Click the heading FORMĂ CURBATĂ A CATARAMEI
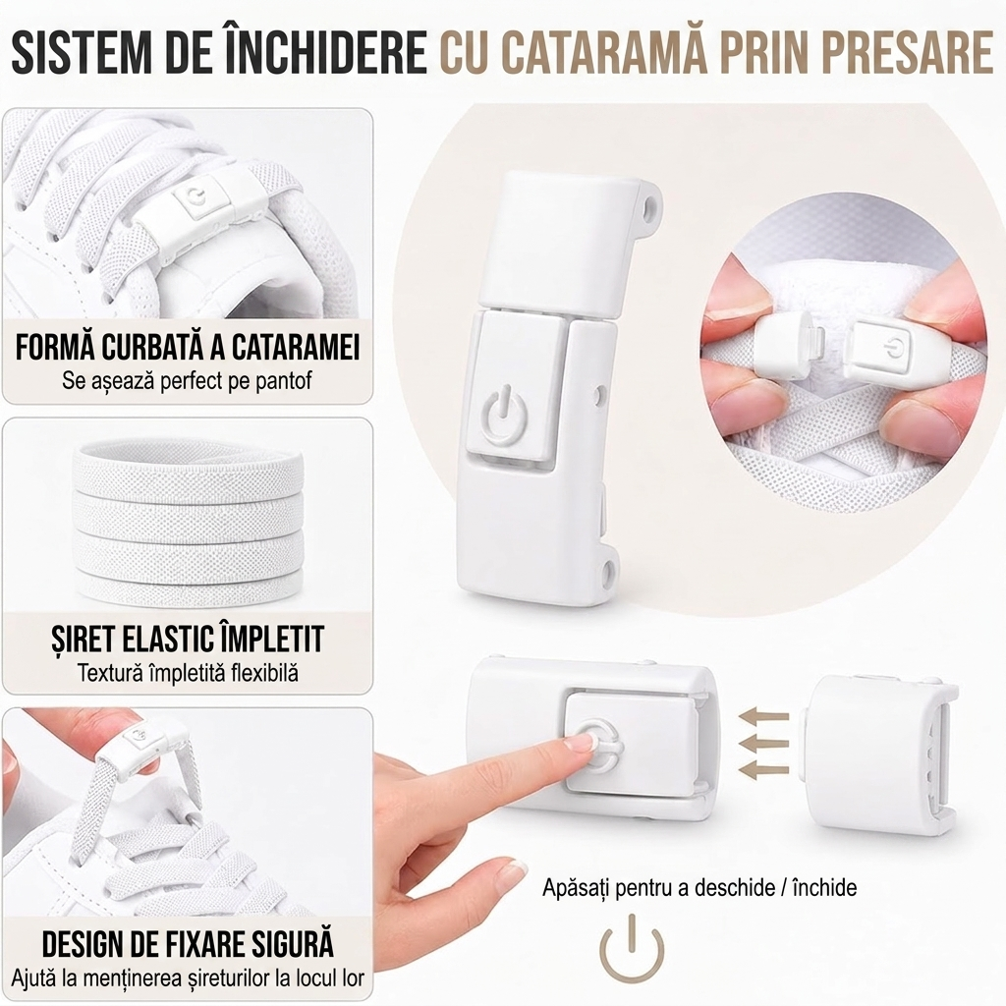(188, 347)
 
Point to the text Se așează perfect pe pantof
(187, 380)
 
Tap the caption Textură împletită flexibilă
(188, 673)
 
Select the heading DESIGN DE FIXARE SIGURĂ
(188, 943)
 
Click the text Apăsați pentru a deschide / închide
(699, 888)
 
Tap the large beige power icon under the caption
(632, 948)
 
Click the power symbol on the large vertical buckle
(506, 416)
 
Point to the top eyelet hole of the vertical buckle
(650, 203)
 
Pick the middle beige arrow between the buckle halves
(763, 743)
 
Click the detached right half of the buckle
(878, 754)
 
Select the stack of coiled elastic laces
(188, 521)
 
